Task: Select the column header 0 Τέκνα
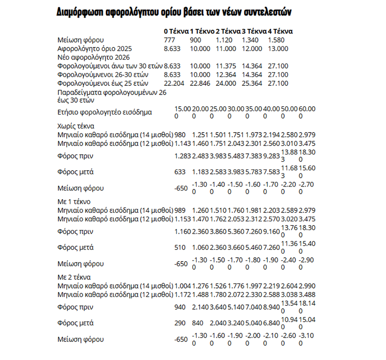[x=176, y=31]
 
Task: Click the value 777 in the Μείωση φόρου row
[x=170, y=40]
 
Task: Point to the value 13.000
[x=278, y=49]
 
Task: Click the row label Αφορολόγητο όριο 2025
[x=95, y=49]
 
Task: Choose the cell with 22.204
[x=174, y=83]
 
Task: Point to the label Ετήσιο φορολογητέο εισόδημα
[x=105, y=112]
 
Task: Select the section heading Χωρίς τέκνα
[x=76, y=126]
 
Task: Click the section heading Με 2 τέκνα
[x=76, y=277]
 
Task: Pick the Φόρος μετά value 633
[x=180, y=172]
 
